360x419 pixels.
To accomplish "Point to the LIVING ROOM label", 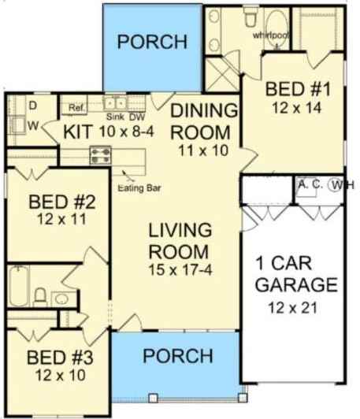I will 180,242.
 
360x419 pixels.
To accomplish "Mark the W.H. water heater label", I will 343,185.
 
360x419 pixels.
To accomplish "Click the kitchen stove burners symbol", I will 100,153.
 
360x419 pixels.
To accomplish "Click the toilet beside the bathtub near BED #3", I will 39,295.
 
